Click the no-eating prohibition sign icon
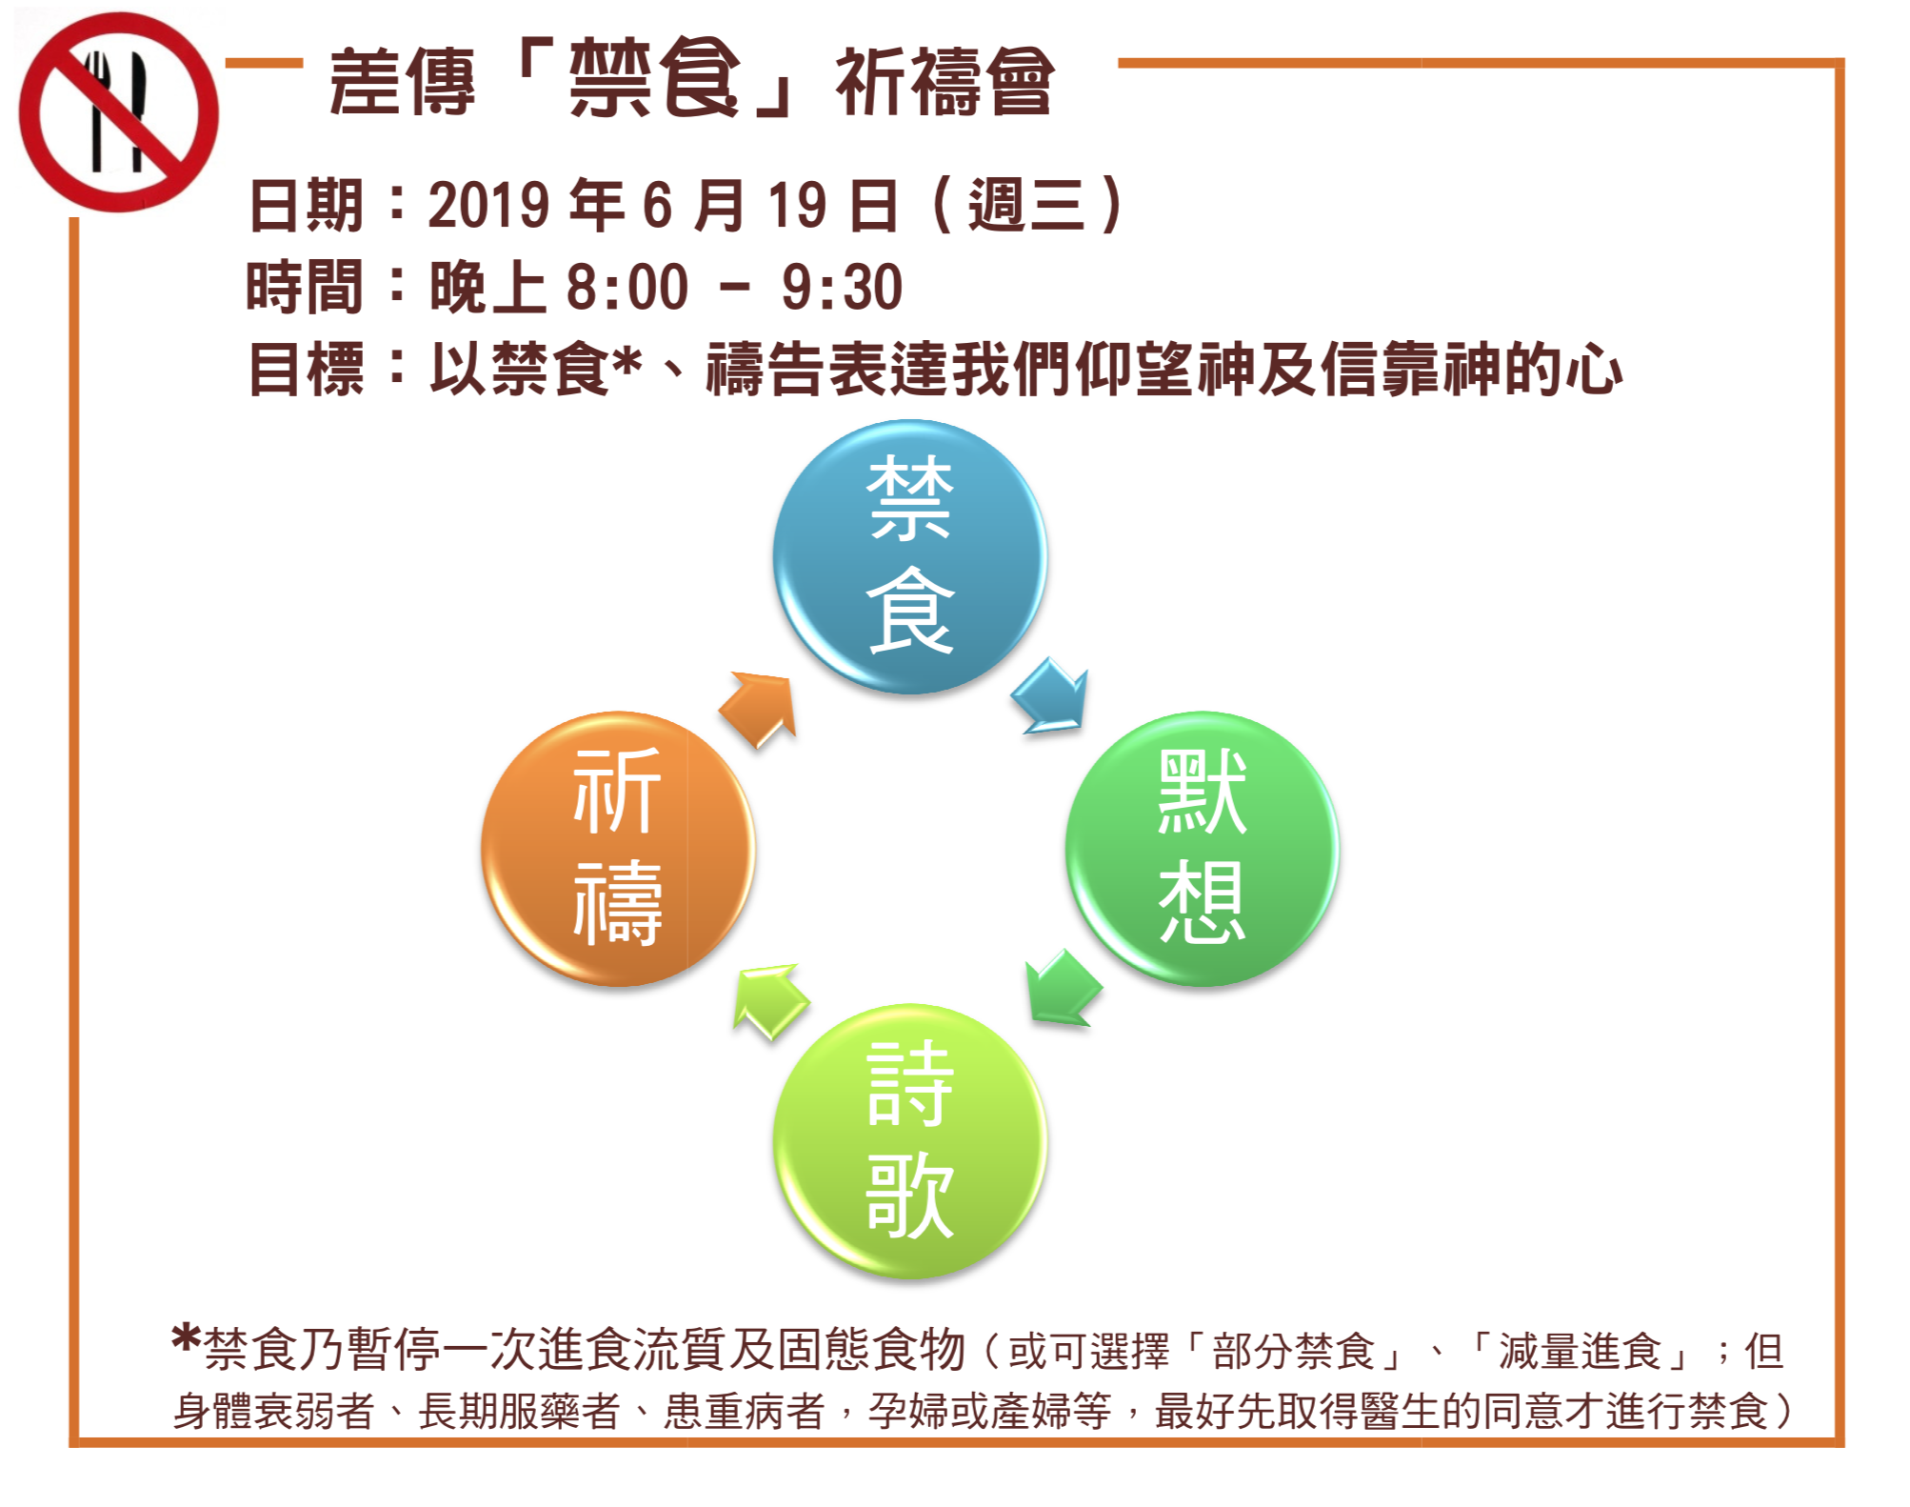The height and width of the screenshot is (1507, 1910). tap(118, 112)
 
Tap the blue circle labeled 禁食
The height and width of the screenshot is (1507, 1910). tap(910, 556)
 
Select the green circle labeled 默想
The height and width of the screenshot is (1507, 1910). tap(1202, 848)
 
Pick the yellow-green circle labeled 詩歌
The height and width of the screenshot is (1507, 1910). tap(910, 1140)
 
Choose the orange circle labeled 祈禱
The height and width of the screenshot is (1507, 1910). tap(618, 848)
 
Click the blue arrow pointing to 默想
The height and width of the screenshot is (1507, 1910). tap(1050, 695)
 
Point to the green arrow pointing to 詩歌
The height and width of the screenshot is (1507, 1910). tap(1063, 988)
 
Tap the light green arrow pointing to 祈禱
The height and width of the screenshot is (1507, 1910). tap(770, 1002)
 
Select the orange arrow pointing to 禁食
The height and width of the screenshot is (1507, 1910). tap(758, 710)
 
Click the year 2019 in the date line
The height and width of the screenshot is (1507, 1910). tap(488, 205)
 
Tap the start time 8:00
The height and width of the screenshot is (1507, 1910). tap(627, 287)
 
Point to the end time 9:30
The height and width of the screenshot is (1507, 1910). tap(841, 287)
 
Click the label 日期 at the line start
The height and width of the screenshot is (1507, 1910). tap(306, 205)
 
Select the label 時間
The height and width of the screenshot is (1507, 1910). tap(305, 287)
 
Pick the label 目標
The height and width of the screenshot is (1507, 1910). tap(306, 370)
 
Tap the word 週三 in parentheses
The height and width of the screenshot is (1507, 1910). tap(1026, 205)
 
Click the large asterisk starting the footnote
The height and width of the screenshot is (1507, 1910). tap(187, 1337)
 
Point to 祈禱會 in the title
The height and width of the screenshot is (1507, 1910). tap(945, 82)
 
